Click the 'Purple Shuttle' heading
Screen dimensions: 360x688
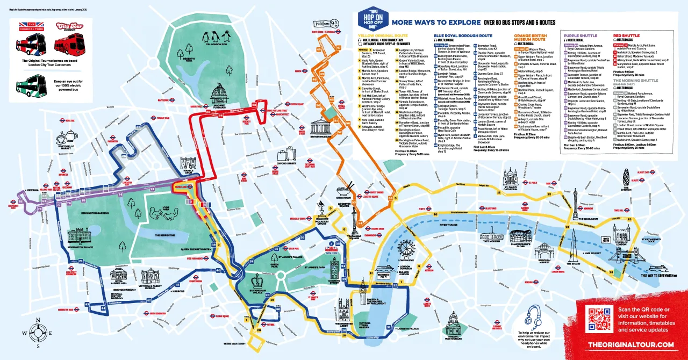point(576,35)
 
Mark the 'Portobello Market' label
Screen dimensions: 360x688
point(70,145)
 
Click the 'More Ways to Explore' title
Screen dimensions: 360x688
point(436,23)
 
